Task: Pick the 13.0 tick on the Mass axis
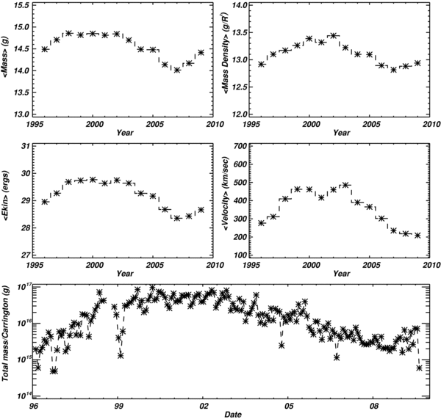tap(21, 115)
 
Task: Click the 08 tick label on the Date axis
tap(374, 404)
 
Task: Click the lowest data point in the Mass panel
tap(177, 70)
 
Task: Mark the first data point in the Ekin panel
tap(45, 201)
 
